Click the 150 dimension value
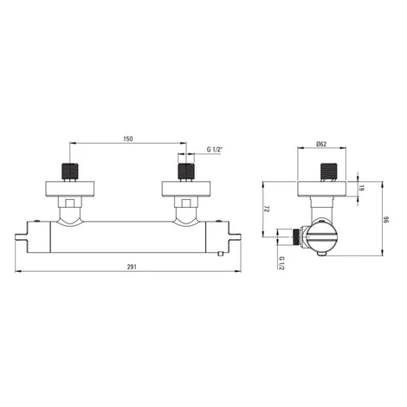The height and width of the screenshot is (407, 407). coord(128,139)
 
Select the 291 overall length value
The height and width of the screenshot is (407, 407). coord(132,267)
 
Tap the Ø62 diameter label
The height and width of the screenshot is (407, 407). coord(321,144)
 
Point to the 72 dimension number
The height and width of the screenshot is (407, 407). coord(267,210)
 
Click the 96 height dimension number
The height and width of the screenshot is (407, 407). coord(387,220)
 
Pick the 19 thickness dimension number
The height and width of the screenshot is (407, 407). coord(362,188)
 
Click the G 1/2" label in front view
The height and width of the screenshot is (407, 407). coord(215,150)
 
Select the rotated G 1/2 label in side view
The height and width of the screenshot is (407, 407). coord(282,263)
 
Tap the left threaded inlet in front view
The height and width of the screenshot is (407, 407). coord(70,171)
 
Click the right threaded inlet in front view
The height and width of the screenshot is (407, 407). coord(186,171)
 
